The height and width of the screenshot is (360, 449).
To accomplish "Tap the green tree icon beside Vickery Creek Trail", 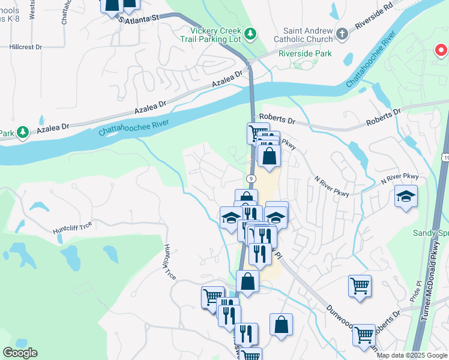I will (x=253, y=31).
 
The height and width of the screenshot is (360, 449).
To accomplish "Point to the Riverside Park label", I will (x=305, y=53).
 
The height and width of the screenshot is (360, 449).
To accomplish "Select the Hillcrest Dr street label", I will (x=26, y=46).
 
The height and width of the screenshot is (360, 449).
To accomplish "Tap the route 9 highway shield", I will (x=251, y=179).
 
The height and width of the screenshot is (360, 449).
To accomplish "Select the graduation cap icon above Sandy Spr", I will (x=406, y=196).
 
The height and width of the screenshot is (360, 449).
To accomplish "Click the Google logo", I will (x=20, y=353).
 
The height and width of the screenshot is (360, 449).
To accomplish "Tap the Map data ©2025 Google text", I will (x=412, y=355).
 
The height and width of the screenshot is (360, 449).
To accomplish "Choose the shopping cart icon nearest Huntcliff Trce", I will (x=212, y=296).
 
